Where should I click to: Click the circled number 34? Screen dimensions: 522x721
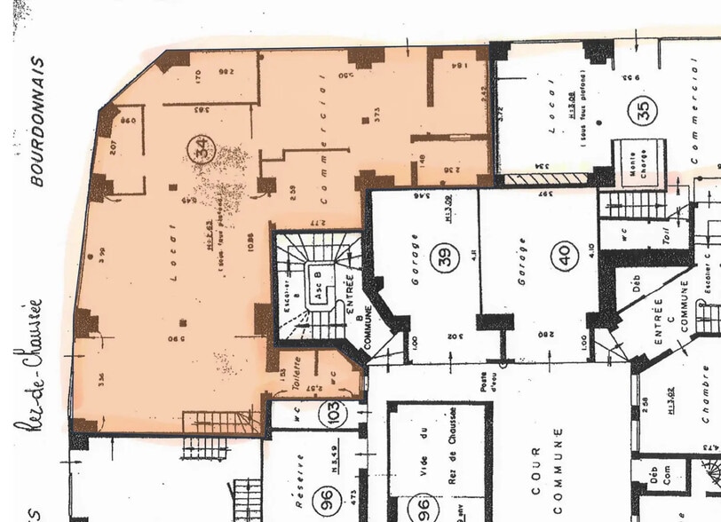(x=202, y=150)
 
